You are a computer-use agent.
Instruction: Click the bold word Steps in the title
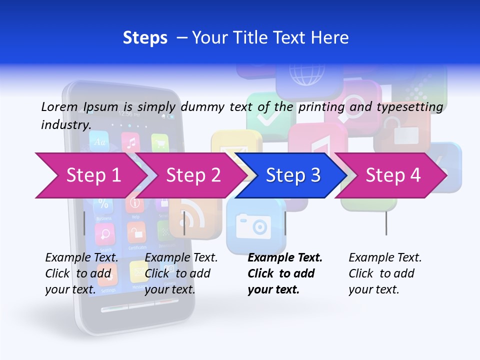pos(145,38)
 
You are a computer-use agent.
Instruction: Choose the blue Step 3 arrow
pos(293,175)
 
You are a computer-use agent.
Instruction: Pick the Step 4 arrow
pos(393,175)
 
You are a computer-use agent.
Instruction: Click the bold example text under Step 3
pos(285,273)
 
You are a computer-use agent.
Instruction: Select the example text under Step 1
pos(81,273)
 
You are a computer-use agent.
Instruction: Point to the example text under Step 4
pos(385,273)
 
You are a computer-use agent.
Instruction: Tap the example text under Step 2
pos(181,273)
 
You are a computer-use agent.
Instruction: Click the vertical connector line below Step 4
pos(386,223)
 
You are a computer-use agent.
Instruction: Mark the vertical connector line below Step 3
pos(285,223)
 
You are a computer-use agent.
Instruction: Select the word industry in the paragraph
pos(65,125)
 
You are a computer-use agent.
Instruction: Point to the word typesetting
pos(409,107)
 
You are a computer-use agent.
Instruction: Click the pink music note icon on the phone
pos(131,143)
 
